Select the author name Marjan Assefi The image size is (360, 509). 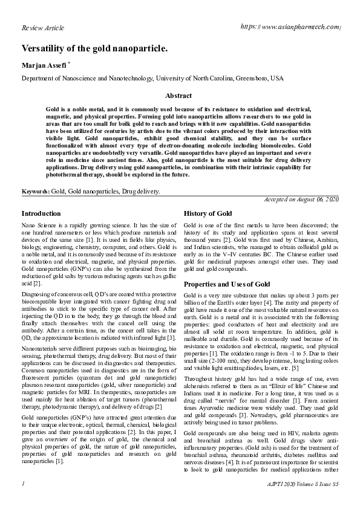point(44,65)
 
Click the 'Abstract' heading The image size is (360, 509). point(178,96)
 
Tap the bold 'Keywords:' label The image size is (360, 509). point(36,191)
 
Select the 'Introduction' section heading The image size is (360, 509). point(41,213)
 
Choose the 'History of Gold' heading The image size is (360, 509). point(208,214)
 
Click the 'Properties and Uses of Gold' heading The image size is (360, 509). point(226,284)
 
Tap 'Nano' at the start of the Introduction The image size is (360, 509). point(28,225)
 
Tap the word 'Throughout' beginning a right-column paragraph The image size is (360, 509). point(198,369)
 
